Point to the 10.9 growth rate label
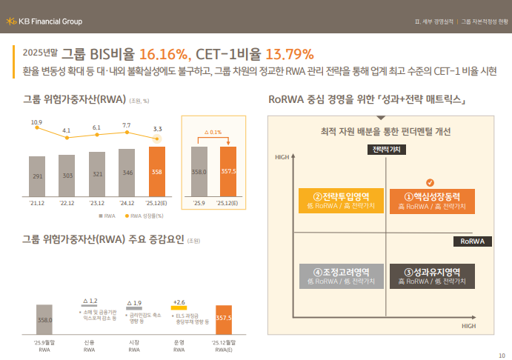(36, 121)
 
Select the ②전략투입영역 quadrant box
(342, 201)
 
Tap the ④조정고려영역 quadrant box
(342, 276)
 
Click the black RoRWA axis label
(472, 241)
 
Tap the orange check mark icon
(430, 182)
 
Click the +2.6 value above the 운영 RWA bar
(179, 302)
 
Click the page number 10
(502, 353)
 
